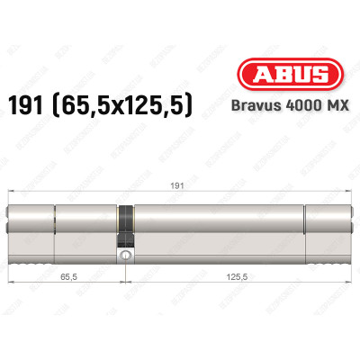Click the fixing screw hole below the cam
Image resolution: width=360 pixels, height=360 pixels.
(x=125, y=255)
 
